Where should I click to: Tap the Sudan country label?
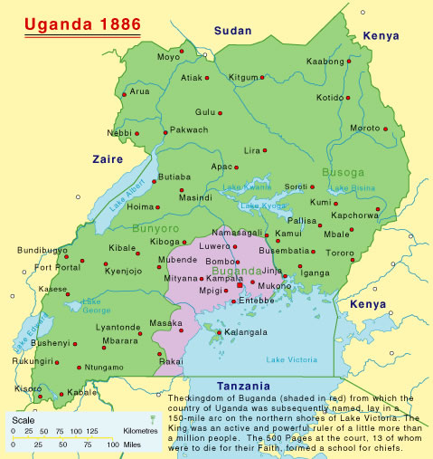[x=233, y=31]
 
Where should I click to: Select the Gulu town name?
[x=207, y=111]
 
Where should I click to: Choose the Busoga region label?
[x=343, y=170]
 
